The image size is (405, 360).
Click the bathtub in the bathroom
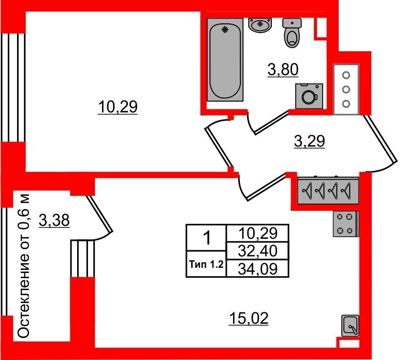tap(225, 60)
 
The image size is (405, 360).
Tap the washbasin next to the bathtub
tap(260, 25)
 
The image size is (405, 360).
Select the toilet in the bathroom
tap(292, 33)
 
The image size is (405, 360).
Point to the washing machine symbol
tap(309, 96)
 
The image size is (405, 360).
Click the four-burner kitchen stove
tap(345, 224)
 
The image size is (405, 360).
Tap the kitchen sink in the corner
tap(350, 326)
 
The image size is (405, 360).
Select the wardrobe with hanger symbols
tap(328, 191)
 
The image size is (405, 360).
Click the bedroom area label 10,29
tap(118, 107)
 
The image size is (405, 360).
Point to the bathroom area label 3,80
tap(283, 70)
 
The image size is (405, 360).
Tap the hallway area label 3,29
tap(309, 141)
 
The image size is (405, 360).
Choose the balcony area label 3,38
tap(54, 221)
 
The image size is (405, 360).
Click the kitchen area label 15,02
tap(249, 319)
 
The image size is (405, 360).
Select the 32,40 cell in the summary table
tap(257, 251)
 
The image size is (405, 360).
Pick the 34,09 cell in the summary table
tap(257, 269)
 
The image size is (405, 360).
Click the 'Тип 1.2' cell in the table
tap(206, 264)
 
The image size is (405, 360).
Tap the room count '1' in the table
tap(207, 238)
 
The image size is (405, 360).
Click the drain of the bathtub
tap(225, 30)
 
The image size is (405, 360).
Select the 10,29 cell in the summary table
tap(257, 233)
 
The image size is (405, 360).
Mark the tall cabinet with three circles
tap(346, 90)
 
